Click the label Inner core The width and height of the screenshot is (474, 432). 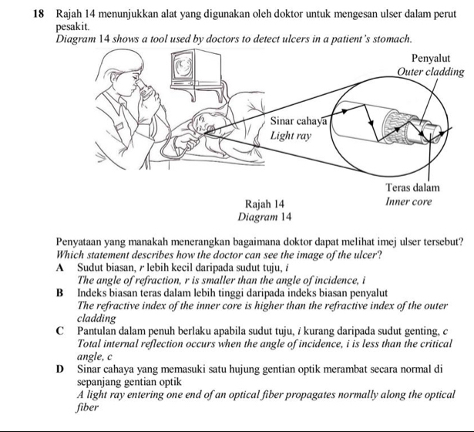tap(408, 202)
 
